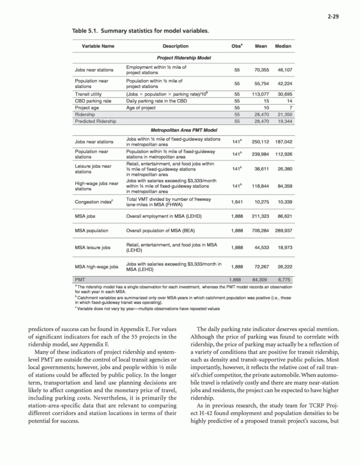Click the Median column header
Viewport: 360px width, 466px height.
click(x=283, y=46)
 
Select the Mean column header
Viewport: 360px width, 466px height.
click(x=261, y=46)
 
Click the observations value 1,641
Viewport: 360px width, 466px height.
click(x=236, y=202)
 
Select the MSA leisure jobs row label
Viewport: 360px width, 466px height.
click(x=93, y=247)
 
